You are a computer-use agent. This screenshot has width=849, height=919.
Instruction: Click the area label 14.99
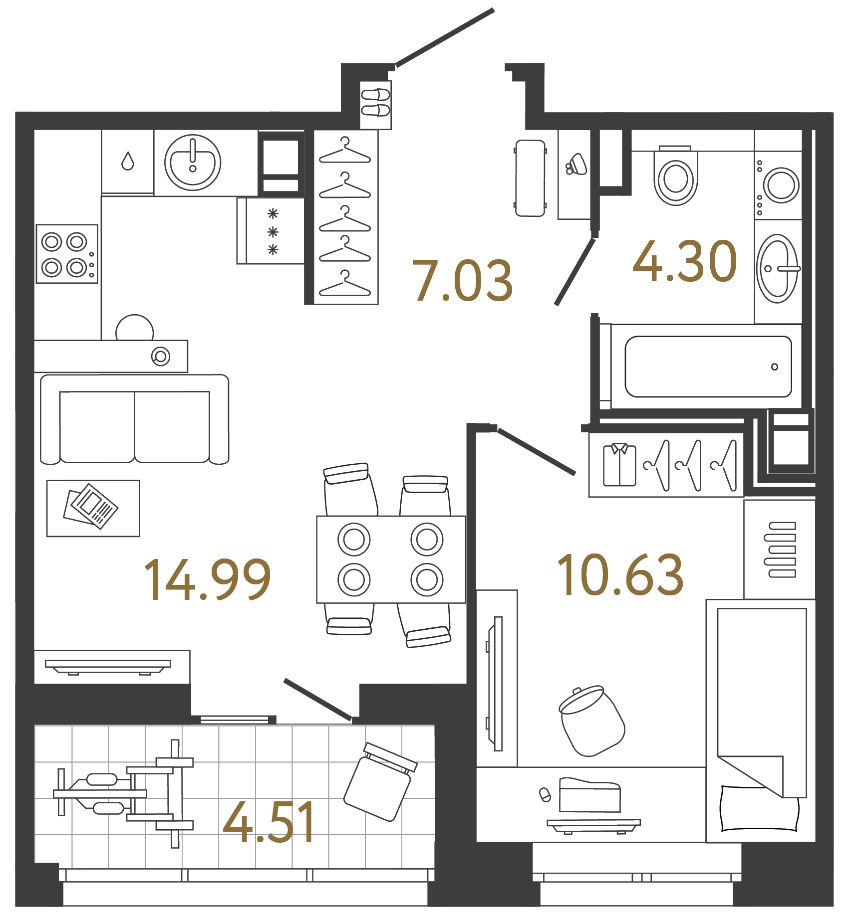[207, 579]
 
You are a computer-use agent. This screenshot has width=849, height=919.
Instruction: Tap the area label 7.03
[462, 281]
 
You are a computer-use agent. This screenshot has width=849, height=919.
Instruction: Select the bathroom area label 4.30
[685, 261]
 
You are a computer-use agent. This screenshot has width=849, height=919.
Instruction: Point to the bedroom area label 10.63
[620, 575]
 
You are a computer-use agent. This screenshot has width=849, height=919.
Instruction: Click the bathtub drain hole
[774, 367]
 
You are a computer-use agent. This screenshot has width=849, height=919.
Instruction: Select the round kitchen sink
[193, 163]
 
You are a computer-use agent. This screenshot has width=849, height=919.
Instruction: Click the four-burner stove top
[67, 254]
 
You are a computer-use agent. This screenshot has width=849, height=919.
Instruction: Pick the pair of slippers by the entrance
[375, 102]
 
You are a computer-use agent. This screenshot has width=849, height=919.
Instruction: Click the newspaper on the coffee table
[91, 506]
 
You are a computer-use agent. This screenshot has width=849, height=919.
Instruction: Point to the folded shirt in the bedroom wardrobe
[619, 465]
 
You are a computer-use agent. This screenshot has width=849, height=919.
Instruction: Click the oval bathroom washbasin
[777, 269]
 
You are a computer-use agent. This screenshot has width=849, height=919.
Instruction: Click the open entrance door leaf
[445, 37]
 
